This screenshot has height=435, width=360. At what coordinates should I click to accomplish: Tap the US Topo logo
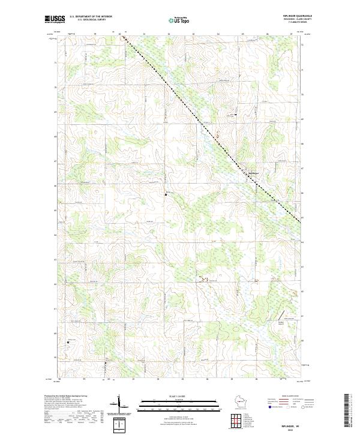point(179,20)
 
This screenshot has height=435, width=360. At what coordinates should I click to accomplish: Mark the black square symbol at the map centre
point(166,194)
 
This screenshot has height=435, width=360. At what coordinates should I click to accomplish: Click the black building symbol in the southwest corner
point(68,343)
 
